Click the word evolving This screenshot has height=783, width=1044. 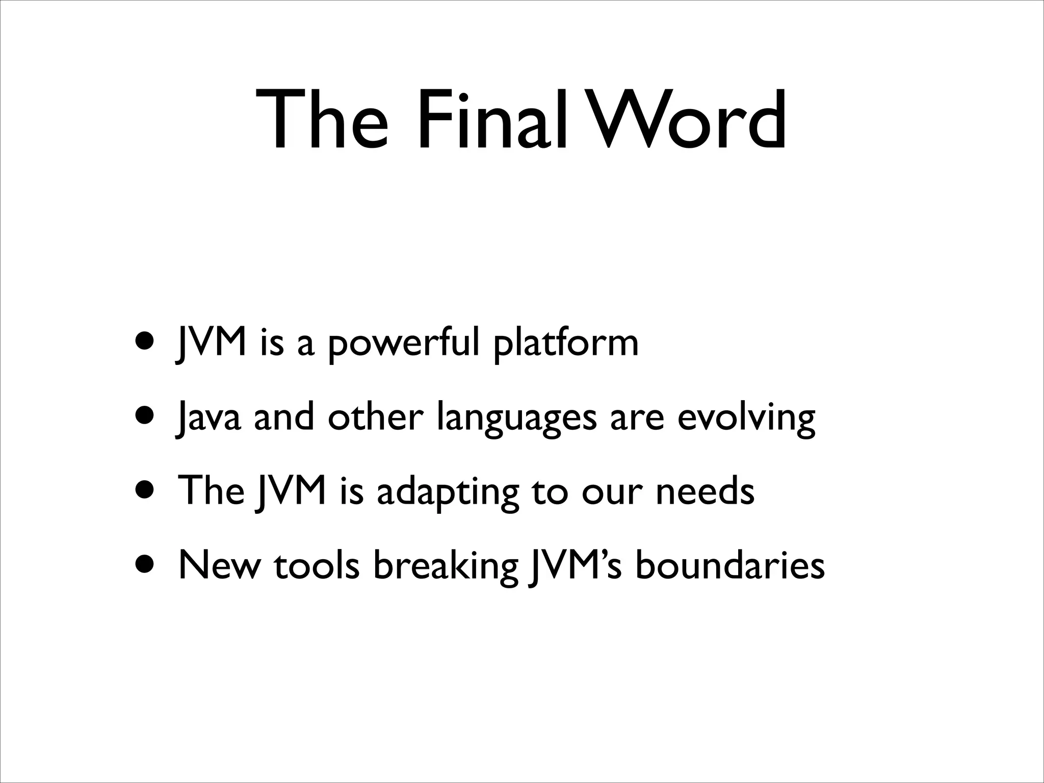[x=746, y=418]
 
